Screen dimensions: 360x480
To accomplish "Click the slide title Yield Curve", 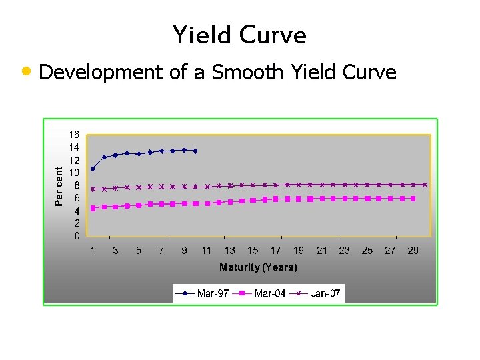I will click(x=239, y=35).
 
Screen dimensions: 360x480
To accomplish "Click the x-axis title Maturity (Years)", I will click(x=259, y=267).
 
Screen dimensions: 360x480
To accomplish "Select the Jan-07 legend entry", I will click(x=318, y=293).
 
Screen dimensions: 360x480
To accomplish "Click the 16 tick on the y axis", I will click(x=75, y=134).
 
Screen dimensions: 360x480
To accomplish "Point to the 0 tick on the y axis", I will click(x=77, y=236).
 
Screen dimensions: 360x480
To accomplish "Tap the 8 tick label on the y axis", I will click(x=77, y=185).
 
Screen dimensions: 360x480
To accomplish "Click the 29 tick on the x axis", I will click(x=413, y=251).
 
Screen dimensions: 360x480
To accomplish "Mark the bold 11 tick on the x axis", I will click(x=207, y=251).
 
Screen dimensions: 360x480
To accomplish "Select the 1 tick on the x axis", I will click(x=93, y=251).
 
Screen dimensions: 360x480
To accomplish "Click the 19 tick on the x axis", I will click(x=299, y=251).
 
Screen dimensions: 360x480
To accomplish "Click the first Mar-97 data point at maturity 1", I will click(x=93, y=169).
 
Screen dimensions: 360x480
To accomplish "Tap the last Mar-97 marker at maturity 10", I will click(x=195, y=151).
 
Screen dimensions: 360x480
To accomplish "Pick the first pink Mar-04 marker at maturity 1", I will click(x=93, y=208).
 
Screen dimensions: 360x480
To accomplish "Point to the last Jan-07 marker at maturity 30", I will click(x=425, y=185).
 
